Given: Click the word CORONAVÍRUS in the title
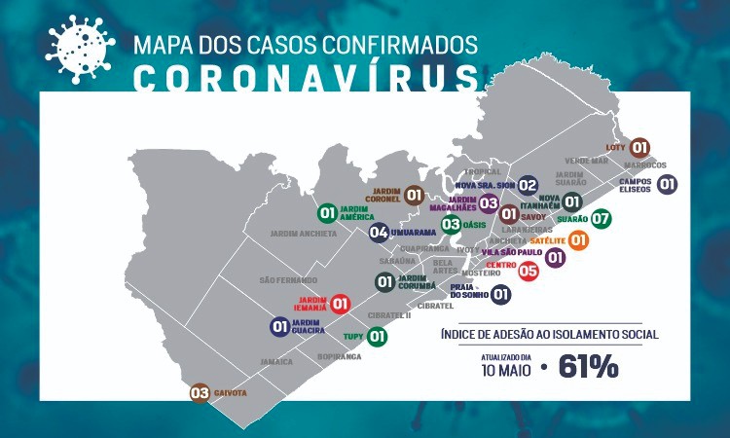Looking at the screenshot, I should [304, 77].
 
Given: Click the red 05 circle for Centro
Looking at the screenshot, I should [529, 272].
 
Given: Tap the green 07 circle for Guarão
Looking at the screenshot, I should [601, 219].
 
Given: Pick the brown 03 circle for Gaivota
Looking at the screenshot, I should [200, 393].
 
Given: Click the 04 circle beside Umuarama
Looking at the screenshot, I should [379, 232].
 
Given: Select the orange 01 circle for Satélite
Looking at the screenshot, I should [578, 239].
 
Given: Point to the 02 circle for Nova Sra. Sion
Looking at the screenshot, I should [528, 185].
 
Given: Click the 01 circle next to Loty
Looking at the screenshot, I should [639, 148].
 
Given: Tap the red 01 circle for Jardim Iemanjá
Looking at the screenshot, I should [341, 304].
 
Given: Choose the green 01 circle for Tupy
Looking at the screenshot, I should [377, 337].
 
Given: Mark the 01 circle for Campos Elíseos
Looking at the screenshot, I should [668, 184].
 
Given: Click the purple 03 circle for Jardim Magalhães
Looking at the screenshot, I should [489, 203].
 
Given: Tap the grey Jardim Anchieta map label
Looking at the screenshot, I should [305, 234].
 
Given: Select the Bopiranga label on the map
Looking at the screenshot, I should [339, 357].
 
